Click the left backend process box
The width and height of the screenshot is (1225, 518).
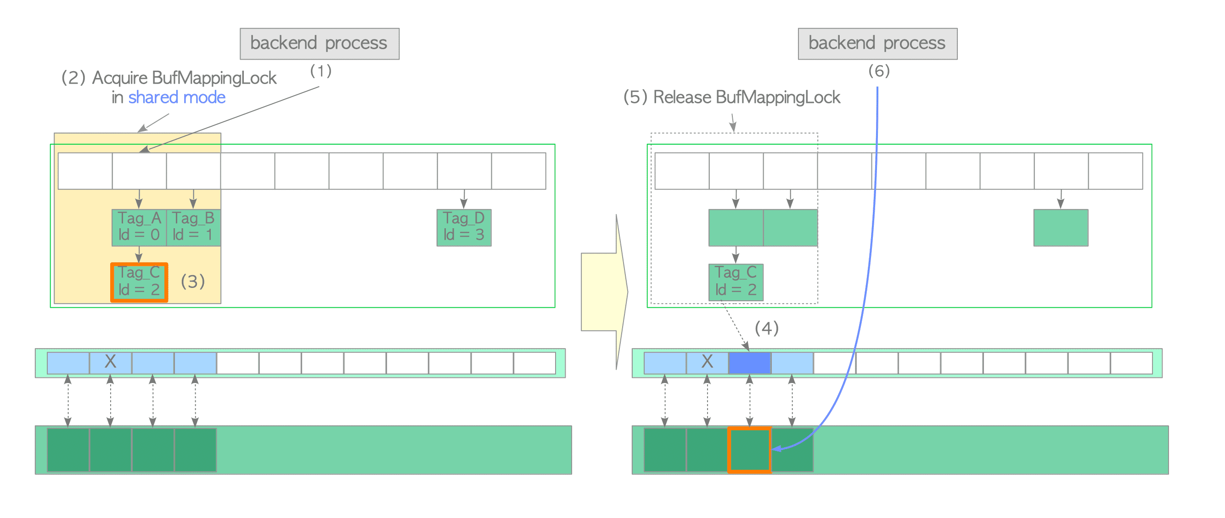319,43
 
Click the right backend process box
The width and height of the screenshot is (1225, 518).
877,43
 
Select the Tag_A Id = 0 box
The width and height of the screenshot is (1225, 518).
139,227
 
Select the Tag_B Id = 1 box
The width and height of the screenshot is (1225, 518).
193,227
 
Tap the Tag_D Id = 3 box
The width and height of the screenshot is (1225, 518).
464,227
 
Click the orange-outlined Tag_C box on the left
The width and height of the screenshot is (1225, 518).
139,282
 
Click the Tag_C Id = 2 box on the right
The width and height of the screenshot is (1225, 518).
735,282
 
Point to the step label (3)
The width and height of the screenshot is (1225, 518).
192,281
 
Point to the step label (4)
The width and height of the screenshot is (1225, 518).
766,328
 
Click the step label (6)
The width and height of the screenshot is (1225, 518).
878,71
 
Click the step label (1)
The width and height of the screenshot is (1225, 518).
320,71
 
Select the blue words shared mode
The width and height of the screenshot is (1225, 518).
176,97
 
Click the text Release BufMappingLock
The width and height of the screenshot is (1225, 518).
746,97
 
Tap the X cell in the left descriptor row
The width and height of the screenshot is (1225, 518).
110,362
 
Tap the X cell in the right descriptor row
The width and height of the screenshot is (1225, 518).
707,362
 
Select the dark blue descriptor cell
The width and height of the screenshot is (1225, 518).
749,362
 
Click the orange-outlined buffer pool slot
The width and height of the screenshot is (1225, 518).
749,450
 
